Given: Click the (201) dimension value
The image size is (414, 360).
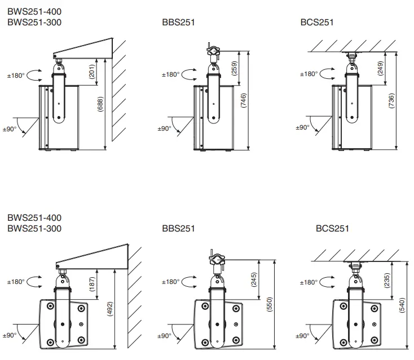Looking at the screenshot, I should coord(93,71).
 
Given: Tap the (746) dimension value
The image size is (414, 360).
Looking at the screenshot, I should coord(243,101).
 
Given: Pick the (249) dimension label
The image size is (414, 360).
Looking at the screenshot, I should coord(380,69).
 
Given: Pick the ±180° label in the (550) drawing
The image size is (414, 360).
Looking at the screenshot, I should coord(170,282).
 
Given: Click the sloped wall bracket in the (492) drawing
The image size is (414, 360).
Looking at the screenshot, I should coord(93,257).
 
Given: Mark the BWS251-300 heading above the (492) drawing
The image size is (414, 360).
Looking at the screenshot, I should coord(34,228).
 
